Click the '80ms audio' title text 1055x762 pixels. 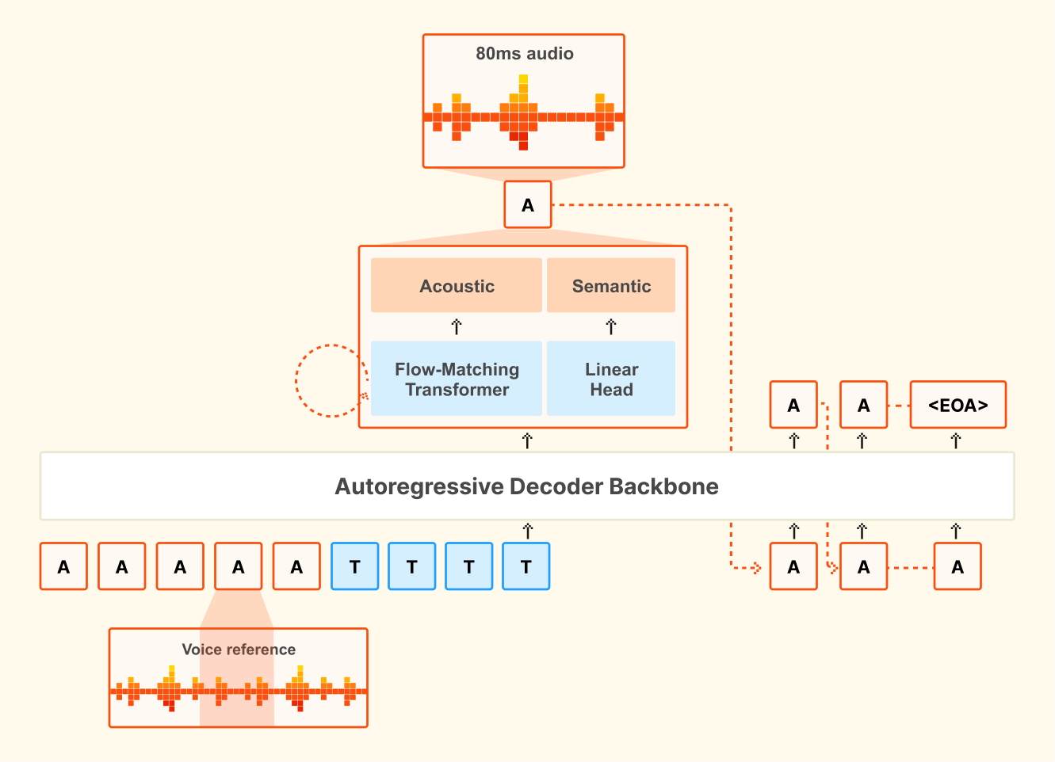point(524,54)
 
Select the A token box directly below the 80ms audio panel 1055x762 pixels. point(528,205)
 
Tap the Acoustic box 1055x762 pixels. point(457,286)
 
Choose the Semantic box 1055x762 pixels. point(611,286)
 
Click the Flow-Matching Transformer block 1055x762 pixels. point(457,379)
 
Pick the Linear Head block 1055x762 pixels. point(611,379)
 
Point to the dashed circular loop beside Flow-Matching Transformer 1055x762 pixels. point(329,380)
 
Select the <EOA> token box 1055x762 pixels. point(958,406)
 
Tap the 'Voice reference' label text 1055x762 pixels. point(239,650)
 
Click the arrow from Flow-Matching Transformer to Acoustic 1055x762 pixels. point(457,326)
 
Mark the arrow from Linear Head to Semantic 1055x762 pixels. point(611,326)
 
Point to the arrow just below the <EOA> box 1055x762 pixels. point(956,440)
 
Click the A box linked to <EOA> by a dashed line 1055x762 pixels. point(863,406)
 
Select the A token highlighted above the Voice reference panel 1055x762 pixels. point(239,566)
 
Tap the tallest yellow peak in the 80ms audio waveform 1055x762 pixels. point(523,80)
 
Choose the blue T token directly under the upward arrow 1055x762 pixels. point(526,566)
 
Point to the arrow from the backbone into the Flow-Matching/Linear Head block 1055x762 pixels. point(528,440)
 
